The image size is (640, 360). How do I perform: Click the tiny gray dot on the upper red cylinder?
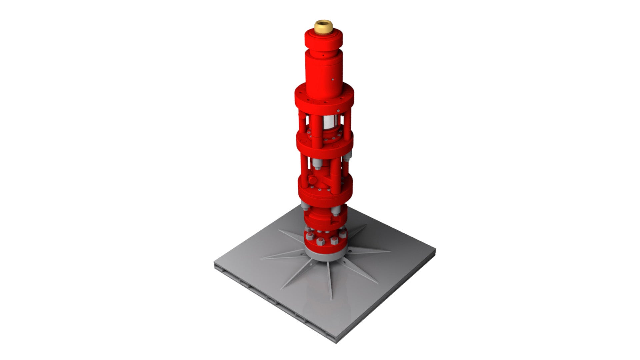(x=333, y=79)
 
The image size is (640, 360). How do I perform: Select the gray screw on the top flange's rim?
(x=337, y=110)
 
